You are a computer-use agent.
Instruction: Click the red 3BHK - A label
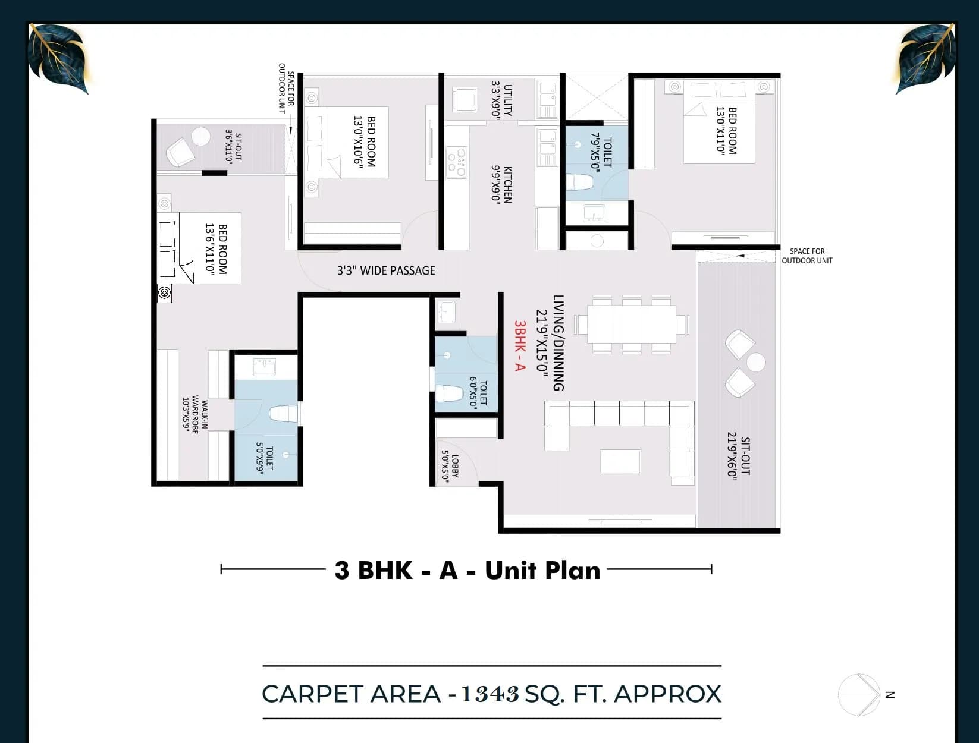[520, 346]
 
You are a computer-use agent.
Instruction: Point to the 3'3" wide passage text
[386, 271]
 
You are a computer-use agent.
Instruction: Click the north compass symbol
[859, 695]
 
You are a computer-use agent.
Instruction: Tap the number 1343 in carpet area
[490, 694]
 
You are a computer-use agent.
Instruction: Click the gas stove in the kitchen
[457, 162]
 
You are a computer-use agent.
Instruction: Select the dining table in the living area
[631, 325]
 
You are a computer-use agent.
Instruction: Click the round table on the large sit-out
[755, 363]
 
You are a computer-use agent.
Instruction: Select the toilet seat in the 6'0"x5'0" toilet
[450, 394]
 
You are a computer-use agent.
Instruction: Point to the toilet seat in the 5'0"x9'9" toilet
[283, 414]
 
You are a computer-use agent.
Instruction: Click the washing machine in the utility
[465, 99]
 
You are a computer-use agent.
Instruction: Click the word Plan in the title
[573, 570]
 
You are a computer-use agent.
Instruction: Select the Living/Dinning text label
[558, 343]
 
